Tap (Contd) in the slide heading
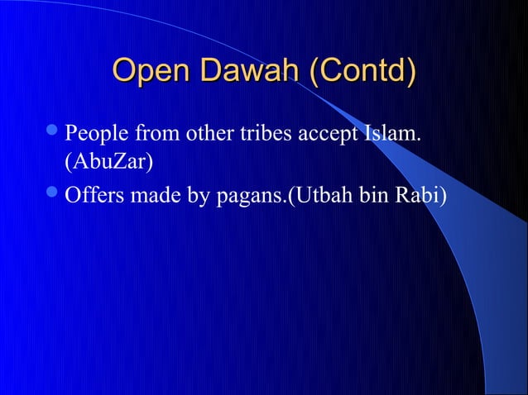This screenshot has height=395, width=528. click(361, 73)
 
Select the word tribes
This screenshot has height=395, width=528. click(253, 133)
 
